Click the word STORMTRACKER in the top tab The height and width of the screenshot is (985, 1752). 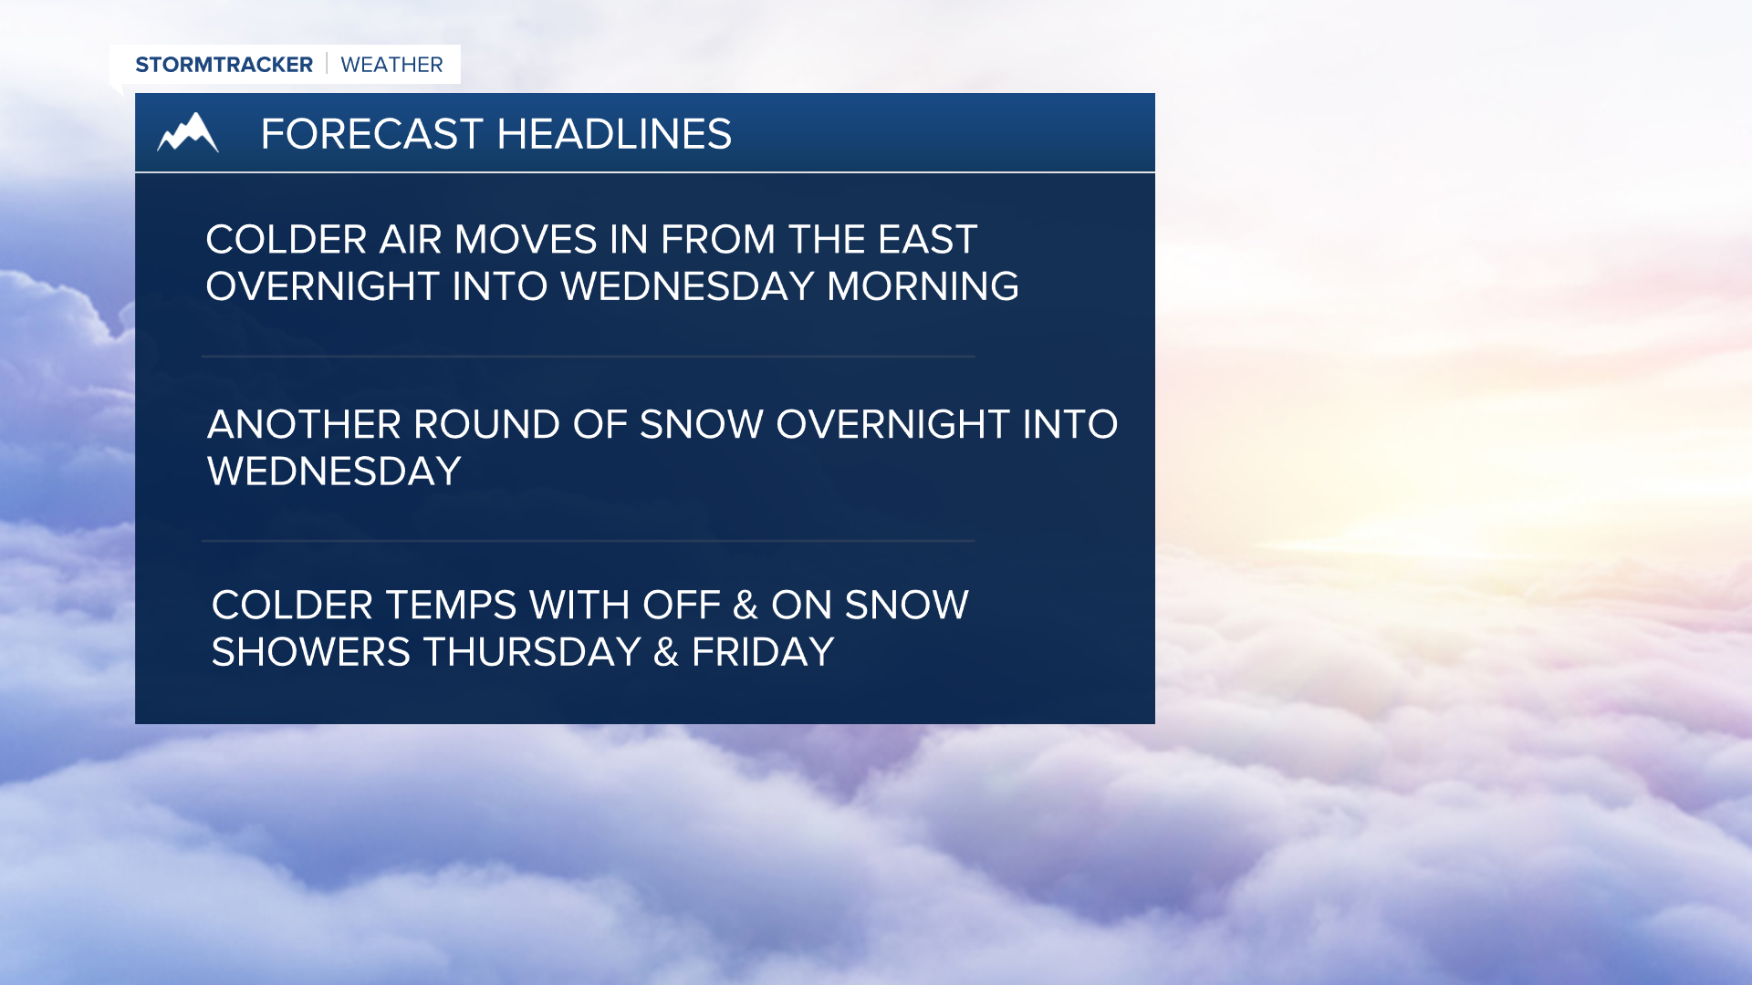(x=224, y=65)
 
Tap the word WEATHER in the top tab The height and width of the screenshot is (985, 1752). (x=391, y=65)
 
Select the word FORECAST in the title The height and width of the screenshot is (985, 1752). (x=371, y=134)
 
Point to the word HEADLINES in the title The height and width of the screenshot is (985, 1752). (x=614, y=134)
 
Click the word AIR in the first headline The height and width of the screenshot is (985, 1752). (x=410, y=240)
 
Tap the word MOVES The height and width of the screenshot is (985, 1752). (x=527, y=240)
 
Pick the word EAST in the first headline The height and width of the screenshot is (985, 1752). (x=927, y=240)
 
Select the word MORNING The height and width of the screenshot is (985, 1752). (x=923, y=286)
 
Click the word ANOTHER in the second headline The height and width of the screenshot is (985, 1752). (x=304, y=425)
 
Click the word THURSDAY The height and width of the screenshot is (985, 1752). (x=532, y=652)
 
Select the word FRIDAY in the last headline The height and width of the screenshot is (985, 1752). (x=763, y=652)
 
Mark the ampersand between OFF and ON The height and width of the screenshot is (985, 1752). (x=746, y=606)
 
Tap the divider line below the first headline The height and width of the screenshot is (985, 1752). (x=589, y=356)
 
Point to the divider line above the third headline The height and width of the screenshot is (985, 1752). (x=589, y=541)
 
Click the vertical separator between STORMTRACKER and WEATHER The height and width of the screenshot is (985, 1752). (x=327, y=64)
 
